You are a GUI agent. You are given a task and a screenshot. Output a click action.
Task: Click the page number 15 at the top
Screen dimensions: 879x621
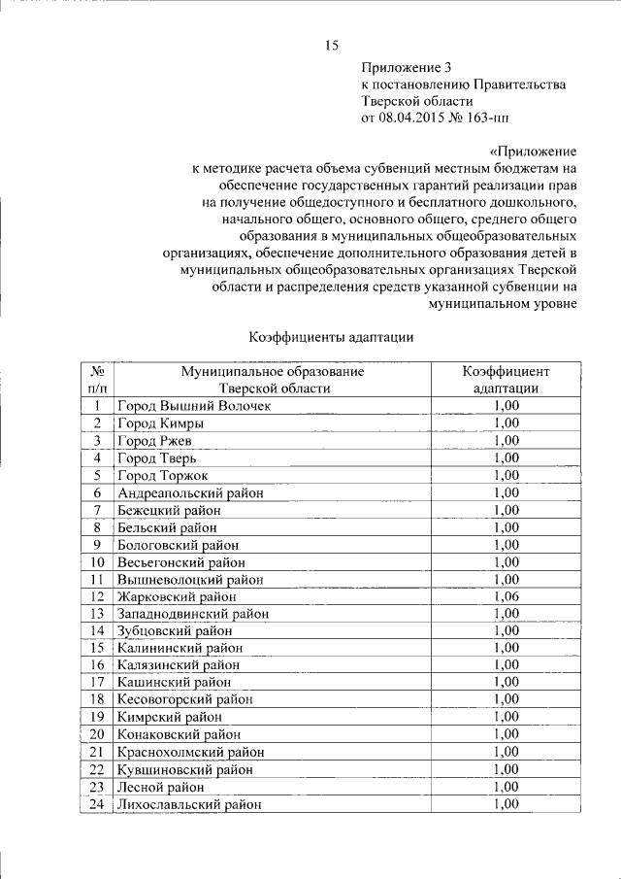tap(331, 45)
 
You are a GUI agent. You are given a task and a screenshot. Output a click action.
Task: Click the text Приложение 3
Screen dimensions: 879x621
tap(407, 68)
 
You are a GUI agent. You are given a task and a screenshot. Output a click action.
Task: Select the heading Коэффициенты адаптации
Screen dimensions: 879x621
tap(331, 337)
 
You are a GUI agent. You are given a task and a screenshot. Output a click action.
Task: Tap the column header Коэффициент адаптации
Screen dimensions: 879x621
tap(507, 379)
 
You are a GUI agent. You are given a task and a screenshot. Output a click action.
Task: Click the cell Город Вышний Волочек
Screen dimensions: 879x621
tap(194, 405)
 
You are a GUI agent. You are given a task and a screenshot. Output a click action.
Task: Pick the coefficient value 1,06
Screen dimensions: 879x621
tap(507, 596)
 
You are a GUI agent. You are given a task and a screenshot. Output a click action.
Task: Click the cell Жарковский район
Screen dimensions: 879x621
tap(176, 596)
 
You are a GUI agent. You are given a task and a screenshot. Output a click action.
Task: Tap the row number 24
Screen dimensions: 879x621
tap(97, 804)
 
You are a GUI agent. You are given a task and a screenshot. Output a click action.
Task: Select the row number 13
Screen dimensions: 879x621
tap(97, 614)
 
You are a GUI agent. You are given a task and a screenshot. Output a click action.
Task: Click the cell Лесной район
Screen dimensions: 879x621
tap(160, 787)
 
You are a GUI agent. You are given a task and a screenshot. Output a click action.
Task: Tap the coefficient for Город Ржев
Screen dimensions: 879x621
tap(507, 440)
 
